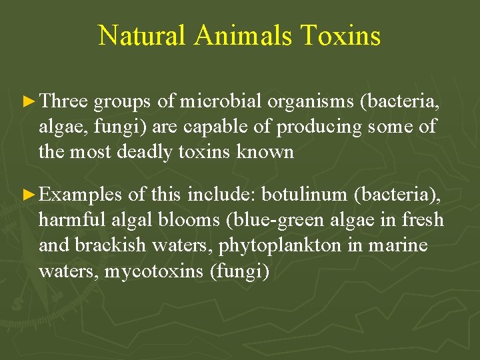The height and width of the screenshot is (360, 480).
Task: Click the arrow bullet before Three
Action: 29,101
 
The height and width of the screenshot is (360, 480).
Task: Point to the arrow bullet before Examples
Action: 29,195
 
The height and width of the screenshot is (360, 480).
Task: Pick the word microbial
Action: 221,101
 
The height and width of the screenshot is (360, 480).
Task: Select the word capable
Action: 214,127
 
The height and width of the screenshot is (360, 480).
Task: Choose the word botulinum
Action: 305,195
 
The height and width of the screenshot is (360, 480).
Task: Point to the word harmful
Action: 67,220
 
